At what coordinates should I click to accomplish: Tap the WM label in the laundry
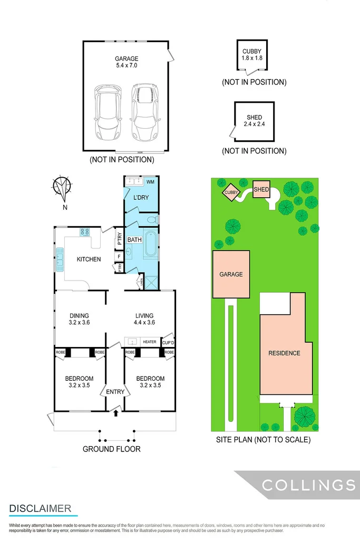point(150,182)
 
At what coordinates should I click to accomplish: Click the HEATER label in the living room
point(149,342)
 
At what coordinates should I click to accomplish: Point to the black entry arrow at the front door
point(115,414)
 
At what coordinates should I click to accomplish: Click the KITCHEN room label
point(89,259)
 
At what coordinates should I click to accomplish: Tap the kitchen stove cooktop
point(85,232)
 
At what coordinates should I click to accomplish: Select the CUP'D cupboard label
point(168,342)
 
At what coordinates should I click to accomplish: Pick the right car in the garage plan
point(144,111)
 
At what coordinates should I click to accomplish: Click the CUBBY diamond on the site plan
point(230,193)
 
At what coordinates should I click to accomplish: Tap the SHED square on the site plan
point(261,189)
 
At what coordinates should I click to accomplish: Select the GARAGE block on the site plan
point(231,274)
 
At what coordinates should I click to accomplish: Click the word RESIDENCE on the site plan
point(284,353)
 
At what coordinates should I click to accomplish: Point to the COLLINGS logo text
point(308,485)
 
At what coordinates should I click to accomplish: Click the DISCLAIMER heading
point(40,508)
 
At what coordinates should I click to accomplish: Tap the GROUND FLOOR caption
point(111,449)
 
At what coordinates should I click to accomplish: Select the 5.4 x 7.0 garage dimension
point(127,66)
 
